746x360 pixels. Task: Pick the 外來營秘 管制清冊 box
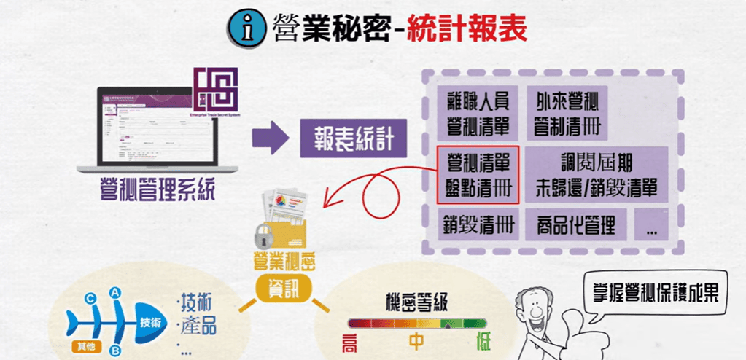pyautogui.click(x=567, y=111)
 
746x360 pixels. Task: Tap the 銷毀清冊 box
pyautogui.click(x=478, y=225)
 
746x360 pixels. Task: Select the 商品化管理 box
pyautogui.click(x=575, y=225)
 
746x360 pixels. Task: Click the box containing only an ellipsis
pyautogui.click(x=651, y=225)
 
